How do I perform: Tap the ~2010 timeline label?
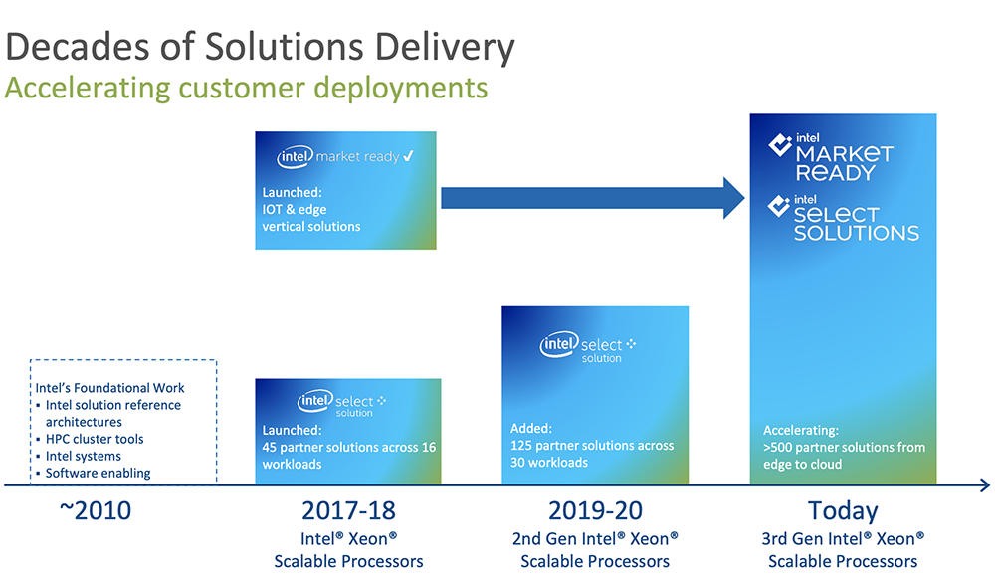95,511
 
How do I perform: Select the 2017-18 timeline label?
348,511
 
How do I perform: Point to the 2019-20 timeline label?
595,511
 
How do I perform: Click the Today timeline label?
843,511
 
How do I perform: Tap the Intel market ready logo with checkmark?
346,156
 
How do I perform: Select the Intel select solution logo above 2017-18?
342,403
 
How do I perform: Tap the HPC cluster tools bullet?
95,439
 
